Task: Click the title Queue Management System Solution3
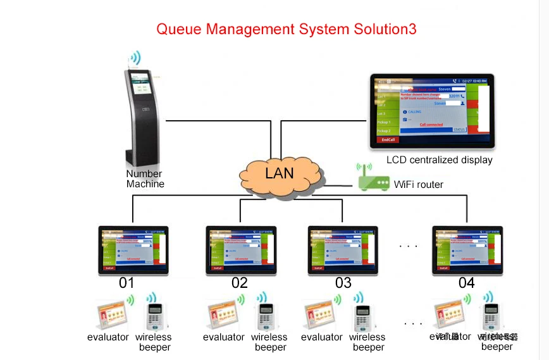pyautogui.click(x=286, y=29)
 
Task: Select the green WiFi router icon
pyautogui.click(x=373, y=180)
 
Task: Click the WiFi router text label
pyautogui.click(x=419, y=185)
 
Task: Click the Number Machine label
pyautogui.click(x=145, y=179)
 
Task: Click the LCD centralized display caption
pyautogui.click(x=439, y=160)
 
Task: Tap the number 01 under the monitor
pyautogui.click(x=126, y=283)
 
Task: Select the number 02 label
pyautogui.click(x=240, y=283)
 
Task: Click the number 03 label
pyautogui.click(x=343, y=283)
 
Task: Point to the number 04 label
pyautogui.click(x=466, y=283)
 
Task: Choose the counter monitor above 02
pyautogui.click(x=241, y=249)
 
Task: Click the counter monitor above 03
pyautogui.click(x=343, y=249)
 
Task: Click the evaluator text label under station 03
pyautogui.click(x=321, y=337)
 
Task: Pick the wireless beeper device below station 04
pyautogui.click(x=491, y=314)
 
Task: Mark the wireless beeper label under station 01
pyautogui.click(x=154, y=342)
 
